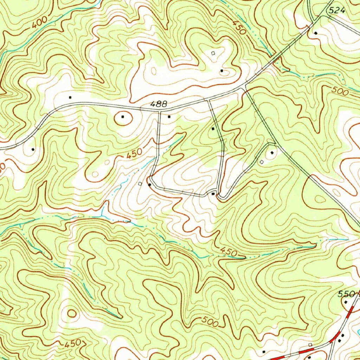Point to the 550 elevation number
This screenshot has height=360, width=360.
(x=346, y=294)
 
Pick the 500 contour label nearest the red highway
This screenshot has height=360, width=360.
(x=210, y=321)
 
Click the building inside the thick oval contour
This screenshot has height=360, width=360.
(x=123, y=116)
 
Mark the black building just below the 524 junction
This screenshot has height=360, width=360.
(x=315, y=33)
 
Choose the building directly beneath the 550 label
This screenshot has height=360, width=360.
(x=346, y=302)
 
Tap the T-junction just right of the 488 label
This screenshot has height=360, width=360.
(x=160, y=111)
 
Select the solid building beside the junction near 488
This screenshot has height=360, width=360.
(x=169, y=116)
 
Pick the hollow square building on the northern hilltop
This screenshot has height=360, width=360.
(x=213, y=53)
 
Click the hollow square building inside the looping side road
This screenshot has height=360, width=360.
(x=261, y=162)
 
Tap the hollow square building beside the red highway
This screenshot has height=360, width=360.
(x=310, y=345)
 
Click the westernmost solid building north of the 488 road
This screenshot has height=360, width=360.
(x=70, y=97)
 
